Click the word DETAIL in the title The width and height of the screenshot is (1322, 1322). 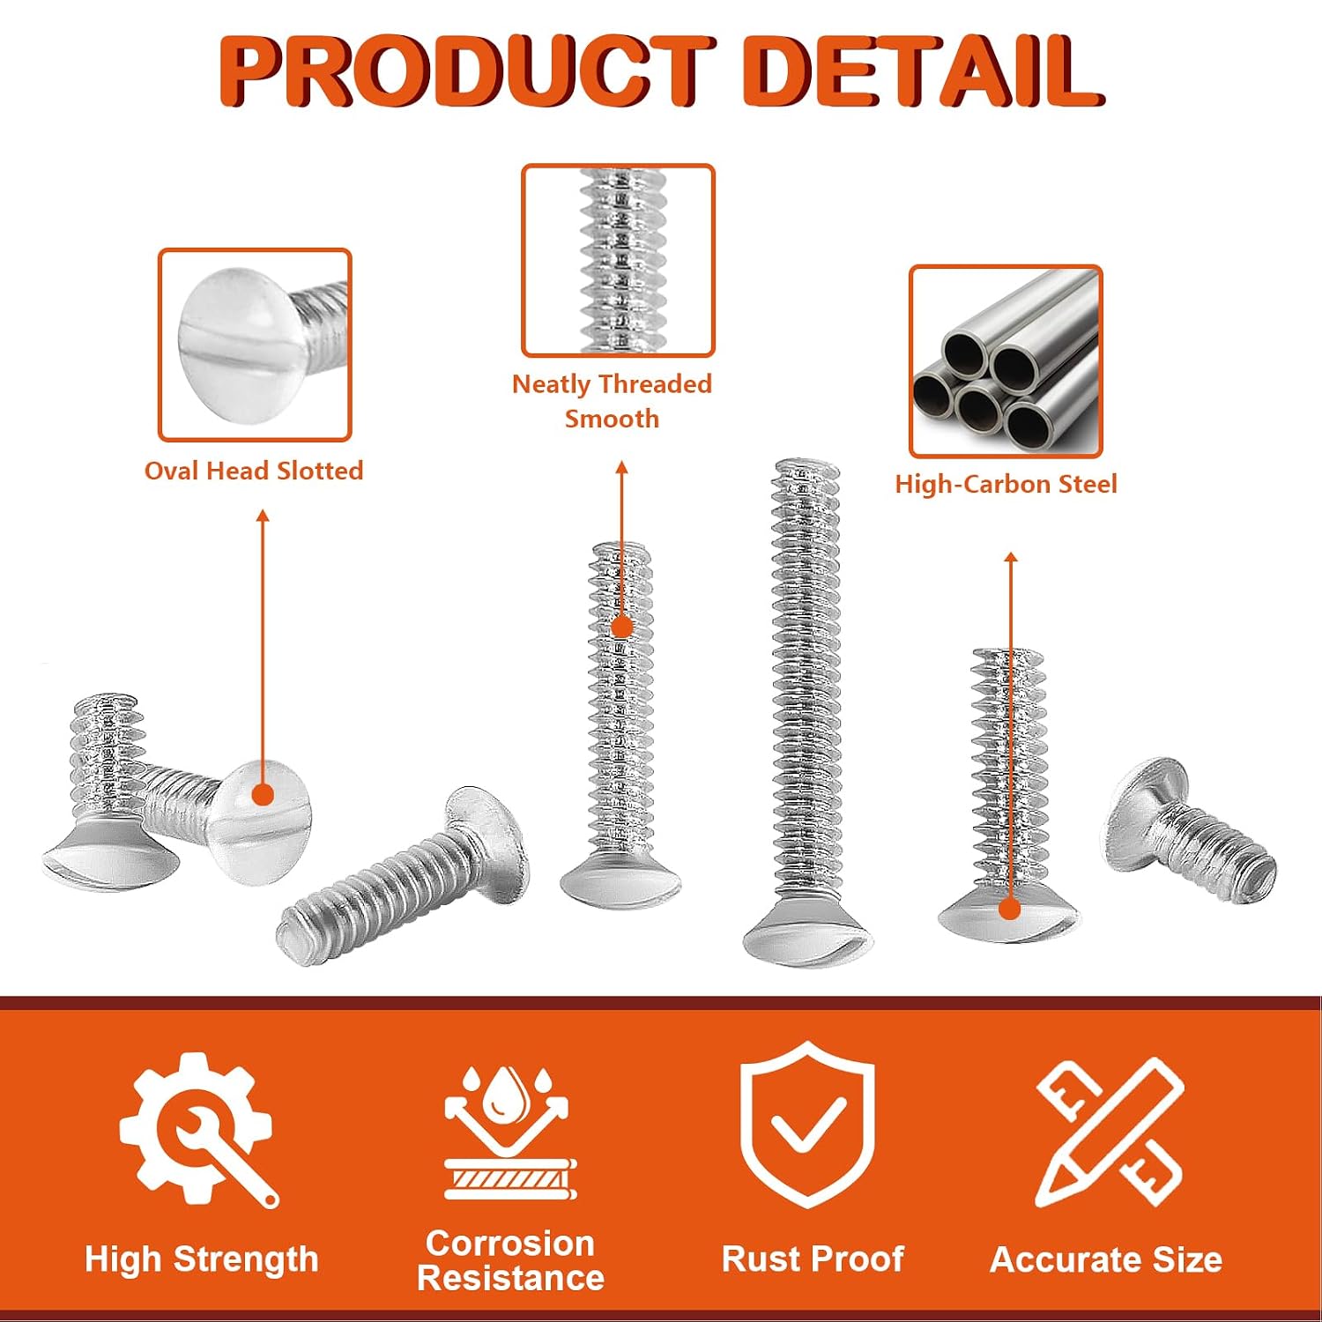coord(925,71)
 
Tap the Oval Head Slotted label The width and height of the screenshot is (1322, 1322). coord(254,471)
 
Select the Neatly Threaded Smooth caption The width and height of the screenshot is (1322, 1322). coord(612,401)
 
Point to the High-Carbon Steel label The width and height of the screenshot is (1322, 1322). coord(1006,484)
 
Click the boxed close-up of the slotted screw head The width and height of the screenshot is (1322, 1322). coord(255,345)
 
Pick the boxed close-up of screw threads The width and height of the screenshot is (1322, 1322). coord(618,261)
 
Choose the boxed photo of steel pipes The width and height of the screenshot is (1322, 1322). coord(1006,361)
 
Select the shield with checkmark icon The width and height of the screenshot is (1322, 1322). coord(807,1124)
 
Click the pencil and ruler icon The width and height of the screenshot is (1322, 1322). coord(1110,1132)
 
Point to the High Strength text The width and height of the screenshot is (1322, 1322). coord(201,1259)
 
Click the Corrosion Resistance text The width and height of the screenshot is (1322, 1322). coord(510,1260)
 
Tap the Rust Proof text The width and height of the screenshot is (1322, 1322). coord(813,1259)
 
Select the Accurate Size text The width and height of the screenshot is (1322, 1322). coord(1106,1259)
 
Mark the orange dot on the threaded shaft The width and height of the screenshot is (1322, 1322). coord(622,627)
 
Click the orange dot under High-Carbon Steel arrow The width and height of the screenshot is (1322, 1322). coord(1010,910)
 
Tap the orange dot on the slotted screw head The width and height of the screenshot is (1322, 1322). coord(263,795)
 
